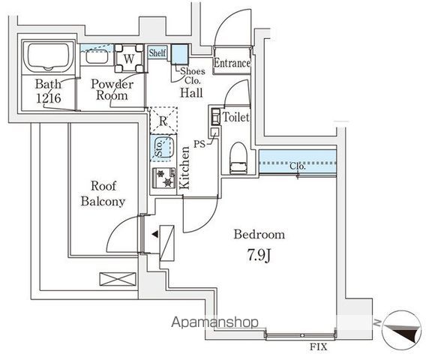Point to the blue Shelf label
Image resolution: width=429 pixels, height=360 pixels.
tap(157, 53)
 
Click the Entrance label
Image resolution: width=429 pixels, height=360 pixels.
tap(232, 64)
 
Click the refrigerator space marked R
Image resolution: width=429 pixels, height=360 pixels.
tap(163, 121)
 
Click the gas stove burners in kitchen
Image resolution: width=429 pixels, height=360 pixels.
tap(163, 178)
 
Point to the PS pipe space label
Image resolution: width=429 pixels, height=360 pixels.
tap(200, 142)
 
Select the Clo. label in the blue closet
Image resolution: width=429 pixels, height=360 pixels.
tap(298, 166)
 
